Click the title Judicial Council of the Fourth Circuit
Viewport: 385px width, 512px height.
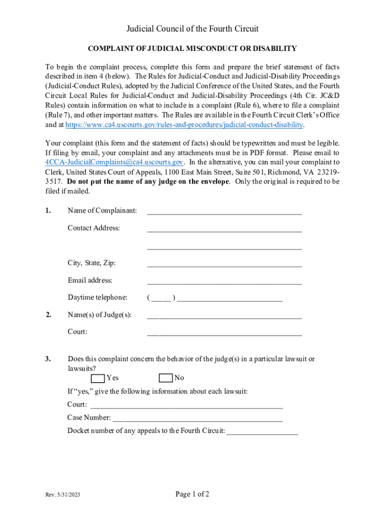click(192, 29)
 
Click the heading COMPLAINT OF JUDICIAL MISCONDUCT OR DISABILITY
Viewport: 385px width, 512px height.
click(192, 48)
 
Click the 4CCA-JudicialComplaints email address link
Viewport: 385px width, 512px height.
click(114, 162)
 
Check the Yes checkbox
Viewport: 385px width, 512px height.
click(98, 378)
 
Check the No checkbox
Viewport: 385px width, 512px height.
click(165, 378)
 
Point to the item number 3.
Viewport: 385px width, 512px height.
click(48, 359)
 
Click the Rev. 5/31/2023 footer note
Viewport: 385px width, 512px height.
click(62, 495)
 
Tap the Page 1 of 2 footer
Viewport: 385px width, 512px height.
click(192, 494)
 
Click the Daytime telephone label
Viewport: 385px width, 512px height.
click(97, 297)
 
